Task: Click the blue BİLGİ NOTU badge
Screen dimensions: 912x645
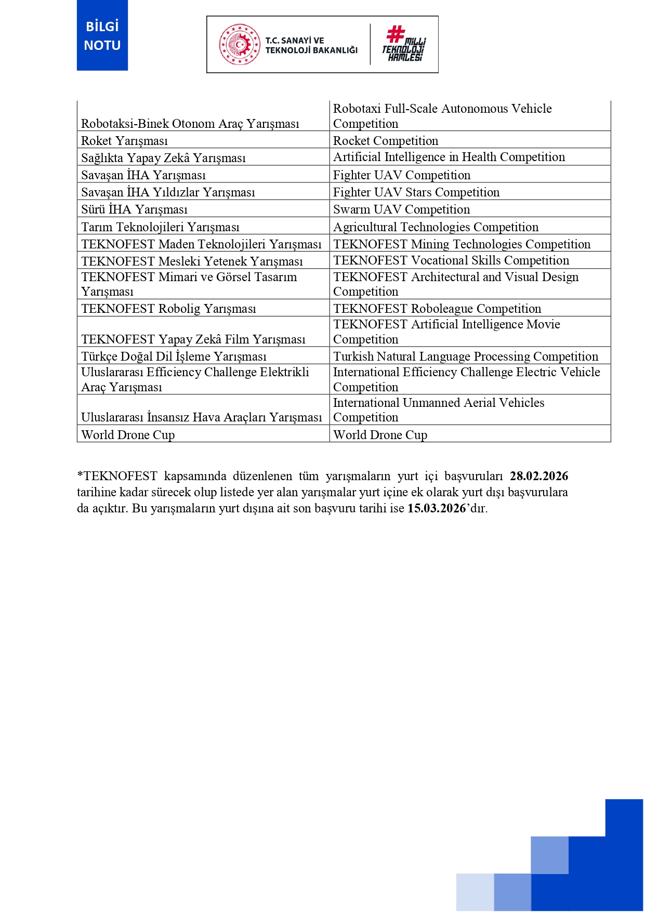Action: pyautogui.click(x=102, y=35)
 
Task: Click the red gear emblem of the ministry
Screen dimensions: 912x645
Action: pyautogui.click(x=240, y=44)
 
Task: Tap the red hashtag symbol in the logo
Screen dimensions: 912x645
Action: pyautogui.click(x=396, y=34)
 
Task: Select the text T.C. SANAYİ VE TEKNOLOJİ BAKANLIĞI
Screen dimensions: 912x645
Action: pyautogui.click(x=311, y=45)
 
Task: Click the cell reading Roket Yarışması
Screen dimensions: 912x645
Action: pyautogui.click(x=125, y=141)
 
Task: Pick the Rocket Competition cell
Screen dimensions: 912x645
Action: pyautogui.click(x=386, y=141)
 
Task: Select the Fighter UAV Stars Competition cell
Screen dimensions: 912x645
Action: pyautogui.click(x=416, y=192)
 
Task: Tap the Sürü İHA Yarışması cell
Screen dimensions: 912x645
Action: pyautogui.click(x=135, y=209)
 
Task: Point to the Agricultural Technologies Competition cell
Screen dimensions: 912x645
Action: pyautogui.click(x=436, y=227)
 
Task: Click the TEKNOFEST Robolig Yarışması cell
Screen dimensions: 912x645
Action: pyautogui.click(x=169, y=309)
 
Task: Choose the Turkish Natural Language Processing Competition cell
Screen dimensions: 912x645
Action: pyautogui.click(x=466, y=356)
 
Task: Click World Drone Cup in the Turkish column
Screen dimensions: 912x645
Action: pyautogui.click(x=128, y=435)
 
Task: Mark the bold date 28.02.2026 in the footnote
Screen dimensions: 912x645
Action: pyautogui.click(x=539, y=476)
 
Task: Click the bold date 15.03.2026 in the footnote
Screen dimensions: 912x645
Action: pyautogui.click(x=437, y=508)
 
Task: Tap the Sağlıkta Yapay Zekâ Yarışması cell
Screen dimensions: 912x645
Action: pyautogui.click(x=163, y=158)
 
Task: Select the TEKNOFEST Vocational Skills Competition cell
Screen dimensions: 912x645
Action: pyautogui.click(x=451, y=260)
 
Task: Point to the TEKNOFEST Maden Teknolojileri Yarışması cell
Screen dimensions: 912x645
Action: pyautogui.click(x=202, y=244)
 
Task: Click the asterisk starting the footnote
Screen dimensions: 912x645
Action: pyautogui.click(x=80, y=475)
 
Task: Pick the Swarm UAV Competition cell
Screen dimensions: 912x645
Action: pyautogui.click(x=401, y=209)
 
